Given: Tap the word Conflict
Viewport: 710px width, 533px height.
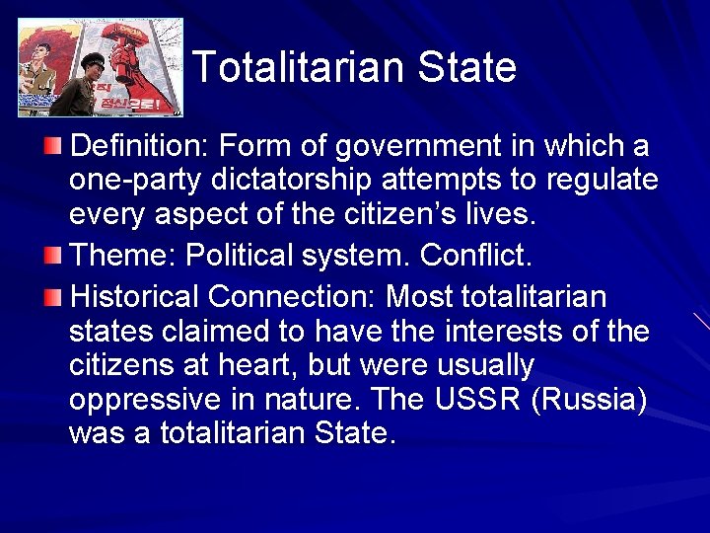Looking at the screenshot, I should point(476,256).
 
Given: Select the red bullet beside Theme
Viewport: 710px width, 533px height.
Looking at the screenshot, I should point(52,257).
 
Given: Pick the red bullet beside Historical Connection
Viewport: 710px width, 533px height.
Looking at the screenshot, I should point(52,296).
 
